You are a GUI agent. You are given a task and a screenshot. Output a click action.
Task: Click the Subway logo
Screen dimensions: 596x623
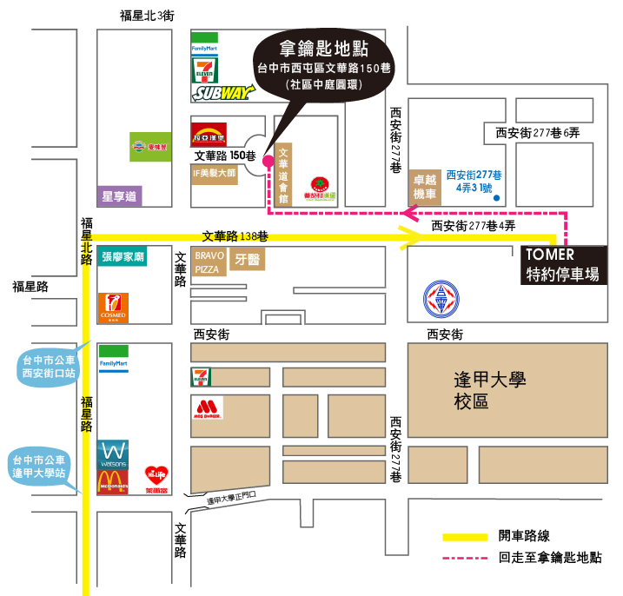click(223, 93)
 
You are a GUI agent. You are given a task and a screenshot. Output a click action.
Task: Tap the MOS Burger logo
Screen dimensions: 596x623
click(206, 409)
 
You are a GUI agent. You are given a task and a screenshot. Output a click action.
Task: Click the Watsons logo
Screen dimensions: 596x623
click(114, 453)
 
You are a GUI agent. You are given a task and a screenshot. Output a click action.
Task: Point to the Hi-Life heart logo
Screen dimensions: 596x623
click(156, 478)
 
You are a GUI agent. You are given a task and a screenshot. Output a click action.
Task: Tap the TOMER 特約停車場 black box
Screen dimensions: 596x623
click(563, 265)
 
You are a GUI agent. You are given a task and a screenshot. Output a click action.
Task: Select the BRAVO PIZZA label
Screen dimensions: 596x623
click(209, 262)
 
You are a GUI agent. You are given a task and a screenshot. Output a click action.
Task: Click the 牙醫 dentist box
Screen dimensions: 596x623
click(248, 260)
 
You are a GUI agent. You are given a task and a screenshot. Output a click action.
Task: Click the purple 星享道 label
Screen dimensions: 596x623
click(121, 196)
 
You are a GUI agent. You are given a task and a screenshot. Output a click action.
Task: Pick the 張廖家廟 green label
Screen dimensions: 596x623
click(123, 256)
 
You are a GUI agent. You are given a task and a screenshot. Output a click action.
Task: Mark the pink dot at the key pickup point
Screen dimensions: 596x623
click(268, 159)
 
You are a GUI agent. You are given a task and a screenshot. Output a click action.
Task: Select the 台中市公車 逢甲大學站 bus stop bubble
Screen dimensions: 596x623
click(43, 467)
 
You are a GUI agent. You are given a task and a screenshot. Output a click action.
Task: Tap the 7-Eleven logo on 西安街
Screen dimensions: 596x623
click(202, 377)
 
